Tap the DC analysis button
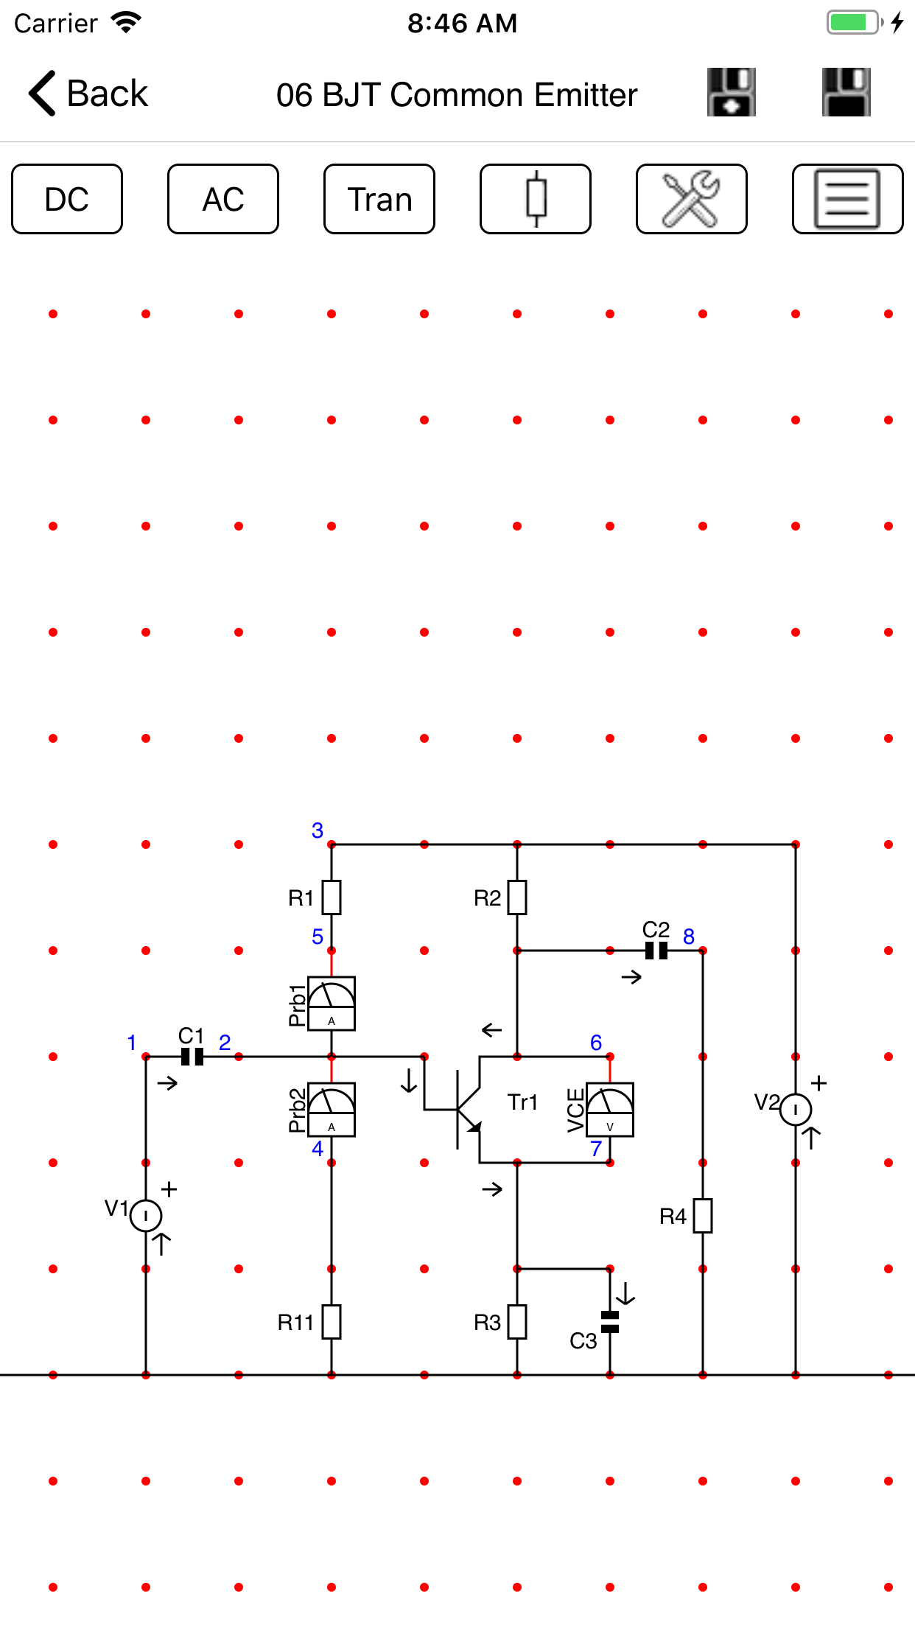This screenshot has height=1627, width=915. (x=67, y=199)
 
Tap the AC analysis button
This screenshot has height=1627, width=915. (x=223, y=199)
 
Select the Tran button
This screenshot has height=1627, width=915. (x=379, y=199)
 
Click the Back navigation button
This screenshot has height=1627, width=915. (x=88, y=94)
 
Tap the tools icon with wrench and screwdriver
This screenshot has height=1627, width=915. (x=691, y=199)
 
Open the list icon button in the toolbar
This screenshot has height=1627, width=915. (x=847, y=199)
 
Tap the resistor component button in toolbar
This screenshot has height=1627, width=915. (x=536, y=199)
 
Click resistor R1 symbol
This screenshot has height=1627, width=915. (x=332, y=898)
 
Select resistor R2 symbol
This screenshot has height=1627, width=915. (x=517, y=898)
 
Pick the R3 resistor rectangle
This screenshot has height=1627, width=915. (x=517, y=1322)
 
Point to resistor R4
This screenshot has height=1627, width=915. (x=703, y=1216)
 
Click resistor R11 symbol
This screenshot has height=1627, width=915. (x=332, y=1322)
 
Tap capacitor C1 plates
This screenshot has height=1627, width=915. (x=192, y=1057)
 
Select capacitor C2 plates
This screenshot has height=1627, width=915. (x=656, y=951)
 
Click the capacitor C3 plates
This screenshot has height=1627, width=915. (x=610, y=1322)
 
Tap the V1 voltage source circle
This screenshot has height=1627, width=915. (x=146, y=1216)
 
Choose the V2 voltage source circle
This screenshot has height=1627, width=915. (x=796, y=1110)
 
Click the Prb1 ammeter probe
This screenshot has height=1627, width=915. (x=332, y=1003)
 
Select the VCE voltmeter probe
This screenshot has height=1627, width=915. (x=610, y=1109)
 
